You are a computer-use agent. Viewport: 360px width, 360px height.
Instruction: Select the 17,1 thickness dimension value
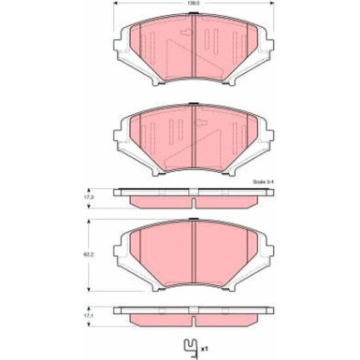[x=90, y=316]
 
